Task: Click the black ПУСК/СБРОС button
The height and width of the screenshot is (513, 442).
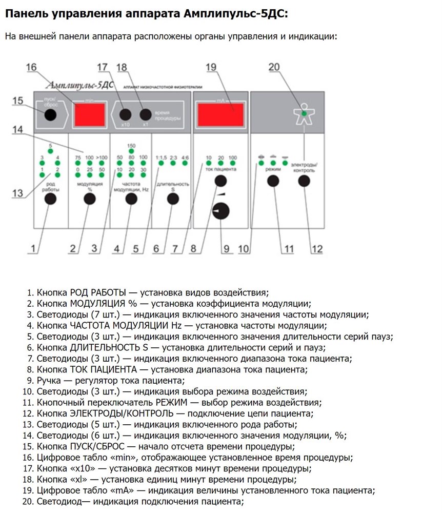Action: coord(50,114)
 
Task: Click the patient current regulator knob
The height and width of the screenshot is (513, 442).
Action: coord(222,211)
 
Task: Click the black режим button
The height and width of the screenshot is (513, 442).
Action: coord(273,181)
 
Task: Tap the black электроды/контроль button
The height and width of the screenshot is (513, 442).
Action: coord(305,181)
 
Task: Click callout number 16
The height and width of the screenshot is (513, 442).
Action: coord(32,68)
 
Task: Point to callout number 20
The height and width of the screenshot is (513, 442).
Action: coord(274,67)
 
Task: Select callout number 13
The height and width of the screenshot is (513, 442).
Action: coord(18,193)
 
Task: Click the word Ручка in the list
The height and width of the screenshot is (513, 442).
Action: coord(49,380)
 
